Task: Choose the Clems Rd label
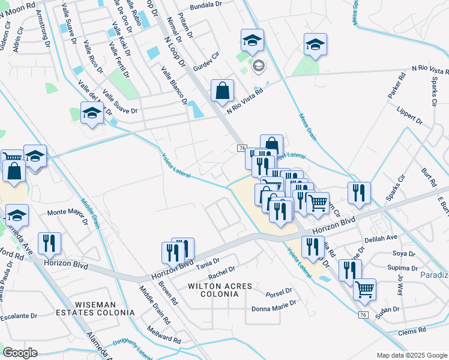pos(412,330)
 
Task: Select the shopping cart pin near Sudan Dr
pos(364,289)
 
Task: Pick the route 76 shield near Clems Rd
pos(363,315)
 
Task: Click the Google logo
pos(20,352)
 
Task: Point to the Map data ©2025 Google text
pos(411,355)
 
